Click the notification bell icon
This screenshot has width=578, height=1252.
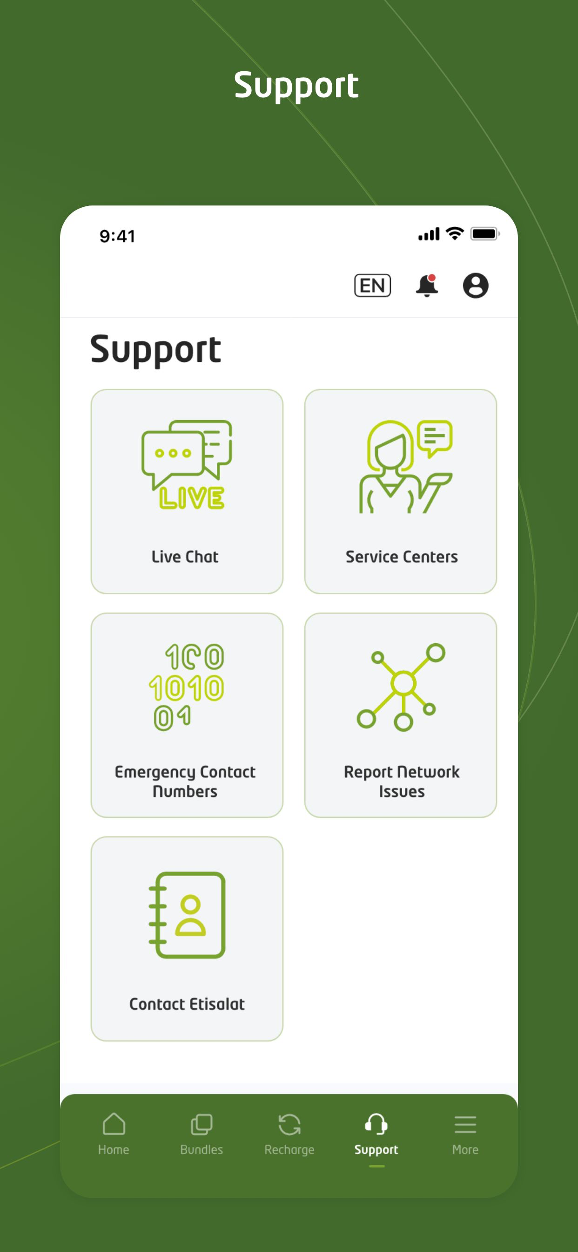tap(427, 286)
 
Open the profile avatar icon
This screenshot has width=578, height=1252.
tap(476, 286)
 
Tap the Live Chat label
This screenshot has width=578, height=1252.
tap(185, 557)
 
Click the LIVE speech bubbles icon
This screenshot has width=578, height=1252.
tap(187, 465)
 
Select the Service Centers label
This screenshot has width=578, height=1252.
tap(402, 557)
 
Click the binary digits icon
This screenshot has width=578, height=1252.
tap(187, 687)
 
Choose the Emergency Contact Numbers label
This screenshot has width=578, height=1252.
tap(185, 782)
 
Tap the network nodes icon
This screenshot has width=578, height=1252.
tap(401, 687)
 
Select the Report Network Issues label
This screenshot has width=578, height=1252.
tap(402, 782)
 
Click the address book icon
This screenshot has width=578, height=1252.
tap(187, 915)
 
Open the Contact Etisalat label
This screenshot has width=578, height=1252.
tap(187, 1004)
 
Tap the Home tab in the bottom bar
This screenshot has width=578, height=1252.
tap(114, 1134)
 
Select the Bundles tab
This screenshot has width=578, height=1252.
tap(202, 1134)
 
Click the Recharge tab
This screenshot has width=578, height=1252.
tap(289, 1134)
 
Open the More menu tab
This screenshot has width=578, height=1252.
tap(465, 1134)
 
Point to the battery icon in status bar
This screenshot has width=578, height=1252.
tap(485, 234)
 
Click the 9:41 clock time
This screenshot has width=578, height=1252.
tap(118, 236)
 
